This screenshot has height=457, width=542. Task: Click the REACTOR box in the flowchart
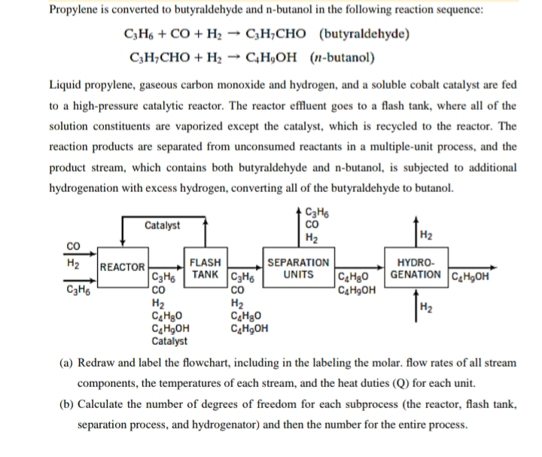(122, 267)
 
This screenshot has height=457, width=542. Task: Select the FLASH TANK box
(205, 267)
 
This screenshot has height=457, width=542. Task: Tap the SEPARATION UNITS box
(298, 267)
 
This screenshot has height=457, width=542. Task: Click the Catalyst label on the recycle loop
(162, 225)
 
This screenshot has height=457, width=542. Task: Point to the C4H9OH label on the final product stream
(471, 274)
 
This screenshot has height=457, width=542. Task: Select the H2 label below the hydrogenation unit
(425, 306)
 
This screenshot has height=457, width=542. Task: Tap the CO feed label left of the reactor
(73, 245)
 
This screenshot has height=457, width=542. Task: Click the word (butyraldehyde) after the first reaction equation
(364, 35)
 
